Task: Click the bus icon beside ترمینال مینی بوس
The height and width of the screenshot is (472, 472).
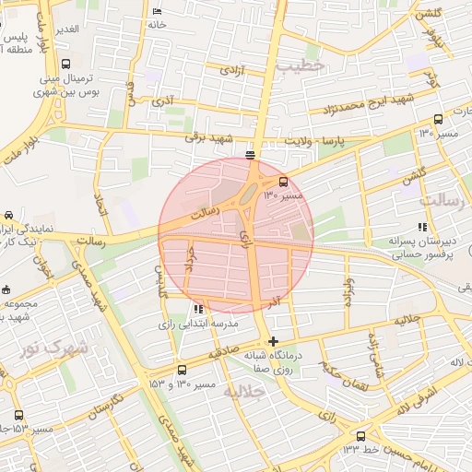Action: pyautogui.click(x=65, y=65)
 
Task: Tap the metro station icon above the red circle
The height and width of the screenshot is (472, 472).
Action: pyautogui.click(x=251, y=154)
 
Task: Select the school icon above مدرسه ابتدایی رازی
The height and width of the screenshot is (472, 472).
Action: pyautogui.click(x=198, y=309)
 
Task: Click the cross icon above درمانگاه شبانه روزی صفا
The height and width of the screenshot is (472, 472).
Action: pyautogui.click(x=273, y=341)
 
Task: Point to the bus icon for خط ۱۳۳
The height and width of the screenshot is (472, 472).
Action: pyautogui.click(x=360, y=436)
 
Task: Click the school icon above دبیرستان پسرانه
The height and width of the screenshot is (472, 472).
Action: pyautogui.click(x=422, y=226)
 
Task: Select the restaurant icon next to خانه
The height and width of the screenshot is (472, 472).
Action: pyautogui.click(x=156, y=11)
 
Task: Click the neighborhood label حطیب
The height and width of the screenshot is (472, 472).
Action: pyautogui.click(x=301, y=65)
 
